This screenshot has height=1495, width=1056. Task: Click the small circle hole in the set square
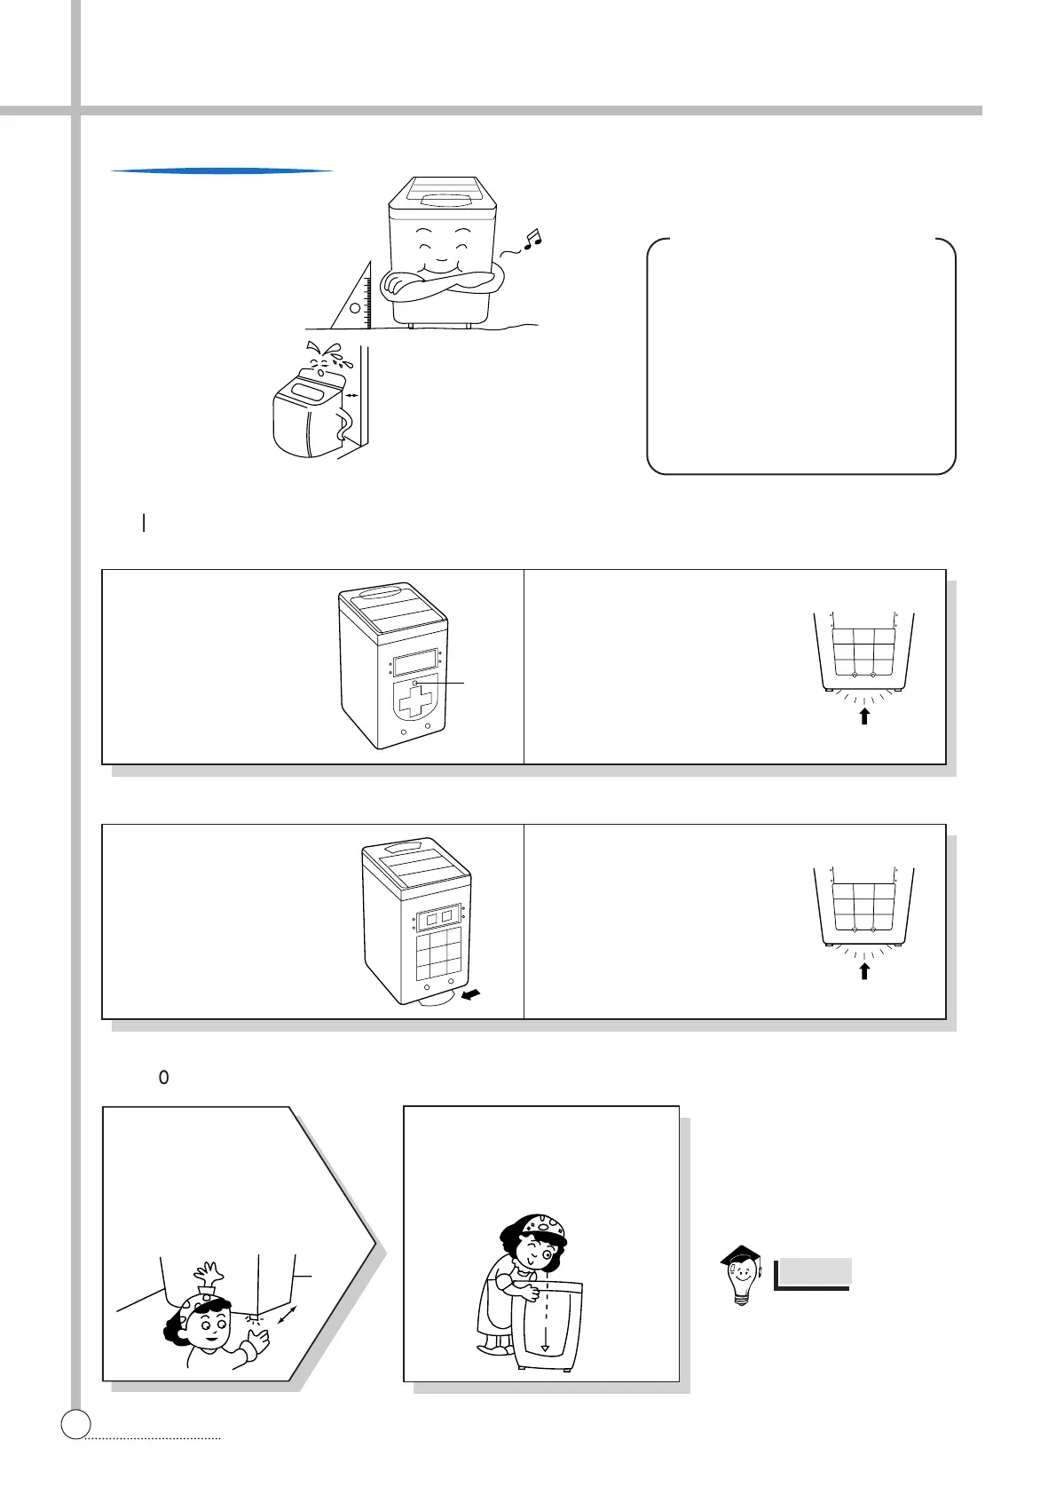355,309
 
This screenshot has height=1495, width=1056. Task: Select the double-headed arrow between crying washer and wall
352,396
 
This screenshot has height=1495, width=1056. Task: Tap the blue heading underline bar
222,170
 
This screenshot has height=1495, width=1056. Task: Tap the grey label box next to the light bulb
813,1272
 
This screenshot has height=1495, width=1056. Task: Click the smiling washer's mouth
440,265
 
